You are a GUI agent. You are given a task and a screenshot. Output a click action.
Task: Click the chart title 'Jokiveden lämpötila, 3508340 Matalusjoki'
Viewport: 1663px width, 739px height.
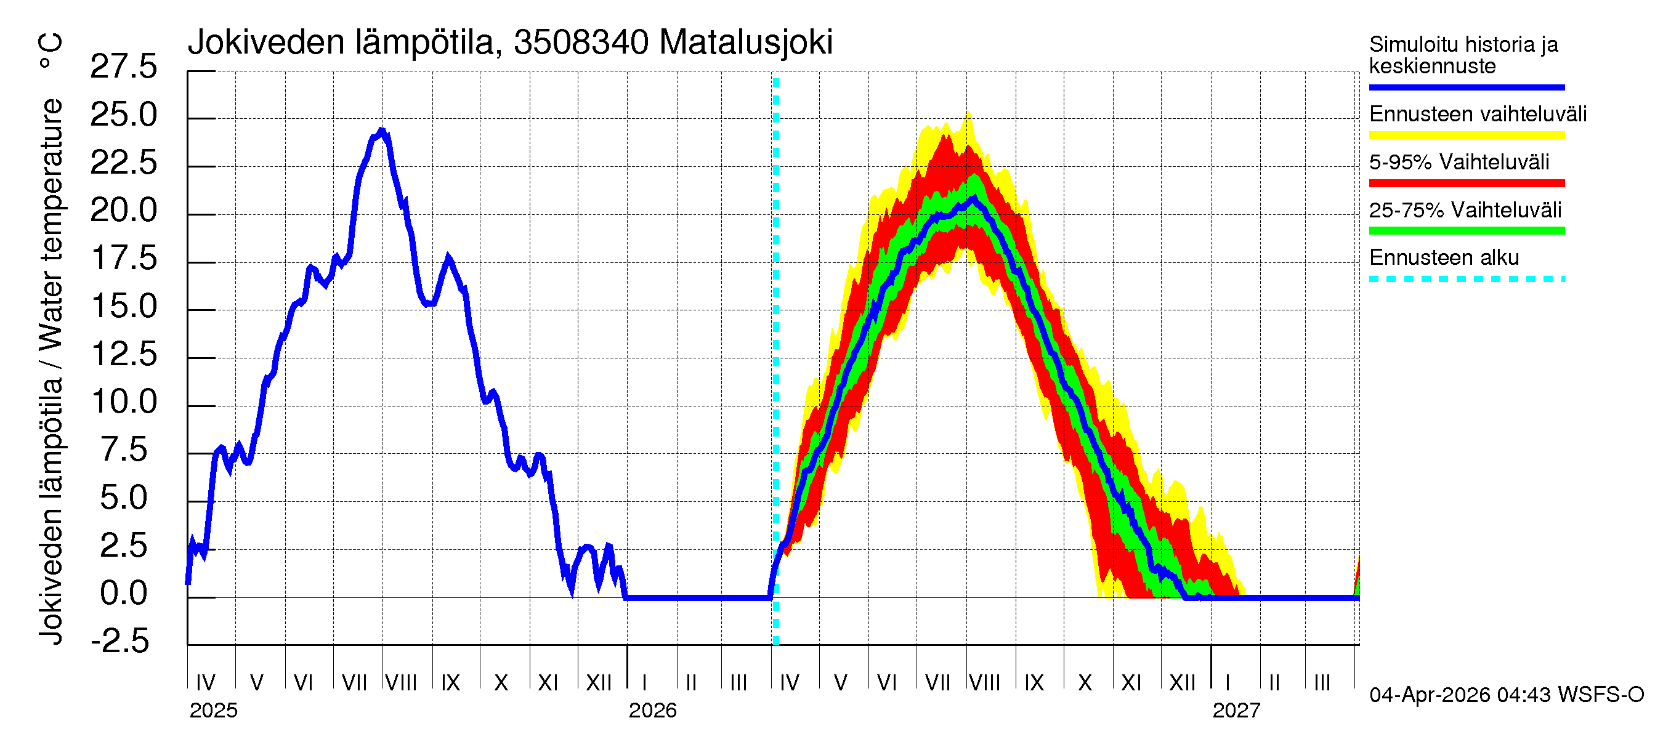point(510,42)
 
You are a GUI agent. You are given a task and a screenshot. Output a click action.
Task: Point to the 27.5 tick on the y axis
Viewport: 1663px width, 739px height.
point(123,67)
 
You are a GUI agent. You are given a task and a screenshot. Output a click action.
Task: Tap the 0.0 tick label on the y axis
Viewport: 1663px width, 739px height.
point(123,594)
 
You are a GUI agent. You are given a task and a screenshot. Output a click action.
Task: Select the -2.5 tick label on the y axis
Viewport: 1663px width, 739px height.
point(120,642)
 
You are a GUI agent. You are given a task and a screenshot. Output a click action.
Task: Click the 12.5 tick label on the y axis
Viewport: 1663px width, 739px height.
point(123,354)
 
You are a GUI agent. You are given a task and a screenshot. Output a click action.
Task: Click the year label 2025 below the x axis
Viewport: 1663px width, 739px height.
point(213,711)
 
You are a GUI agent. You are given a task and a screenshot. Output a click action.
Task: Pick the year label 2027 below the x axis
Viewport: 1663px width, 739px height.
point(1236,711)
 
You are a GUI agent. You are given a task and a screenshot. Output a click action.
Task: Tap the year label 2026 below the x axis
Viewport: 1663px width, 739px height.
point(652,711)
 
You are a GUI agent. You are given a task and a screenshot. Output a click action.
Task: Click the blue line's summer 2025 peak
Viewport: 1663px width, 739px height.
point(381,131)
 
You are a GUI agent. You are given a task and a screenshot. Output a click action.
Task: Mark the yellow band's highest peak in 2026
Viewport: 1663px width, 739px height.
point(968,113)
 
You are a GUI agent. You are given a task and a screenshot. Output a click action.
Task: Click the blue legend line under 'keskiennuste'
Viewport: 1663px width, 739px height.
point(1466,87)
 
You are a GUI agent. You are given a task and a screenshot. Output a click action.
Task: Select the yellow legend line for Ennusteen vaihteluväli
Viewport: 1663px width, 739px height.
point(1466,135)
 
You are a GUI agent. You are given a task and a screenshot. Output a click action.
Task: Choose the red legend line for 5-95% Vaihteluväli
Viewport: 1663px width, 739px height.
point(1466,184)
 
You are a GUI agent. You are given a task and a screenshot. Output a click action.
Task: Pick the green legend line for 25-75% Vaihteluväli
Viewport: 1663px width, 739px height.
point(1466,231)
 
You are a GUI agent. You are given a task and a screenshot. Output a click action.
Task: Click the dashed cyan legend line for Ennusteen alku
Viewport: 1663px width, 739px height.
point(1466,280)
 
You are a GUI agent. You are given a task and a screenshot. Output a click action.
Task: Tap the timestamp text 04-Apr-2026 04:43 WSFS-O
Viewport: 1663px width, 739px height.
point(1506,695)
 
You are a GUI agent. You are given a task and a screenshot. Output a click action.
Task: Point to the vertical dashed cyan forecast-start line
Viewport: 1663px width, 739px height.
point(776,361)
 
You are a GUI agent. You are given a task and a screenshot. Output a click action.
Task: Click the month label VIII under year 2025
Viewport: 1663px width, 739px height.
point(401,683)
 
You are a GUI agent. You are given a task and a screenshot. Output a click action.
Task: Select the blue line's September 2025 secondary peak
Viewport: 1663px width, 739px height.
point(448,257)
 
